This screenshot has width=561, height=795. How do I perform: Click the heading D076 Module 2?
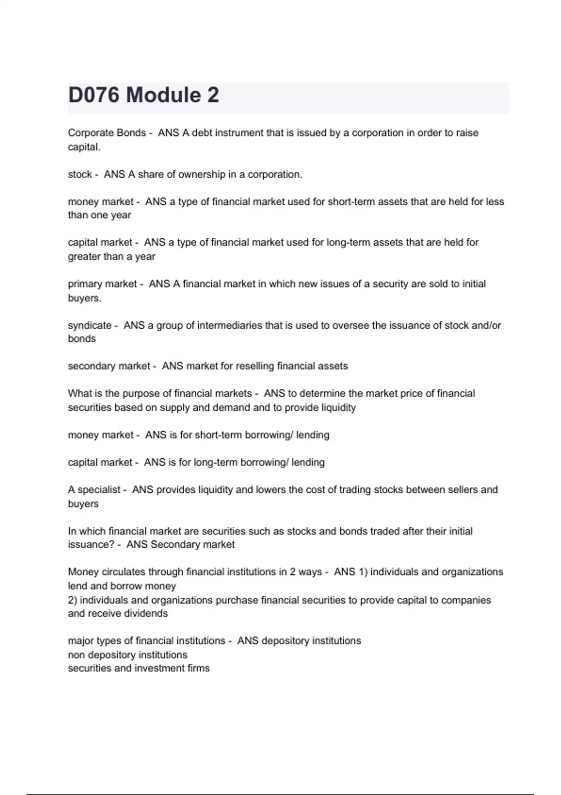coord(143,95)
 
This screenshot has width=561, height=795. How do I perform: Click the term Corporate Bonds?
coord(107,133)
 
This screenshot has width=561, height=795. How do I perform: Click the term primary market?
coord(102,284)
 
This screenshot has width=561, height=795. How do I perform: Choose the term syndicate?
coord(89,325)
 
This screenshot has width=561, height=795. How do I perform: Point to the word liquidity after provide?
coord(338,407)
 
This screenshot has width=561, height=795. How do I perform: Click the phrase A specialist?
coord(94,490)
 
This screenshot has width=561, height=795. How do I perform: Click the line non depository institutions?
coord(127,654)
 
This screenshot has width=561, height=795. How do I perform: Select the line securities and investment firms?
coord(138,668)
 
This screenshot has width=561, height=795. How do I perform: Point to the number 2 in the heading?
coord(213,95)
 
